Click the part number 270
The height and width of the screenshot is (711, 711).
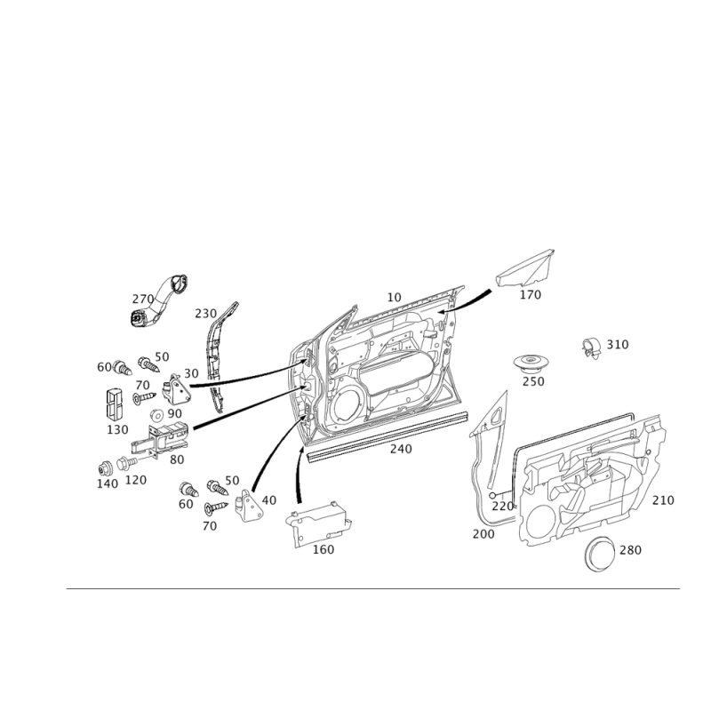pyautogui.click(x=143, y=297)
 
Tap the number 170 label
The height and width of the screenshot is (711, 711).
pyautogui.click(x=530, y=295)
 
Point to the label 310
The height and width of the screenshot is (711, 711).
pyautogui.click(x=617, y=343)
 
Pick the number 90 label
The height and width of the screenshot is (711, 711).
pyautogui.click(x=173, y=413)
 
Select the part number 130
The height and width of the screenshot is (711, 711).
pyautogui.click(x=117, y=428)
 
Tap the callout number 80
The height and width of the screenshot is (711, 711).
pyautogui.click(x=176, y=459)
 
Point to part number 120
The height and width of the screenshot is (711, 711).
pyautogui.click(x=136, y=480)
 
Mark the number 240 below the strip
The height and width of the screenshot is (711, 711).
pyautogui.click(x=401, y=450)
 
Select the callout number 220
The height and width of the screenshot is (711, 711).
pyautogui.click(x=503, y=504)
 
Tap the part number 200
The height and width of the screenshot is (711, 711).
pyautogui.click(x=484, y=533)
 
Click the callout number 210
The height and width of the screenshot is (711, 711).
pyautogui.click(x=663, y=501)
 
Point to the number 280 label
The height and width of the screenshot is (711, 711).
pyautogui.click(x=630, y=550)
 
